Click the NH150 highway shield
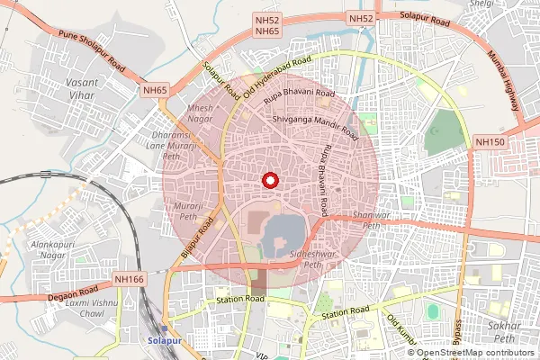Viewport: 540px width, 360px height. coord(490,142)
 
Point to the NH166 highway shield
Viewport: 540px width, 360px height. coord(130,281)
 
